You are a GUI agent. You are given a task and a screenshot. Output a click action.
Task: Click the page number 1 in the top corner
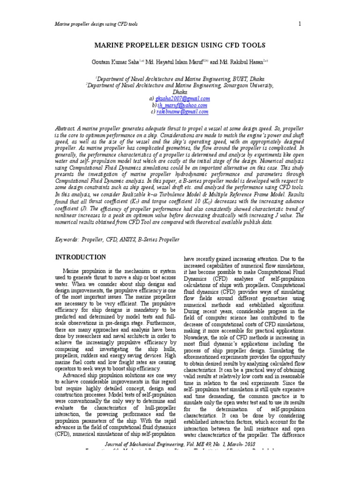tap(299, 24)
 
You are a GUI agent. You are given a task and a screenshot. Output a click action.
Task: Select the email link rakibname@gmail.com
tap(182, 112)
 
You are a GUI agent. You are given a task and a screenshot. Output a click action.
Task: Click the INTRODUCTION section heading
tap(81, 257)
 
